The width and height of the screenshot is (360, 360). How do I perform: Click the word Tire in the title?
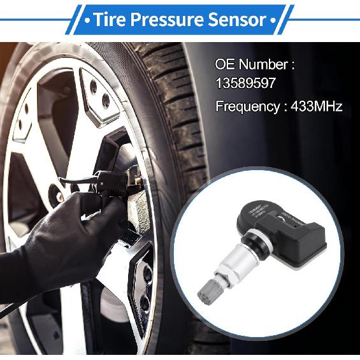[110, 19]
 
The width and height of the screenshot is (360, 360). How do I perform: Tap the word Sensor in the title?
[237, 19]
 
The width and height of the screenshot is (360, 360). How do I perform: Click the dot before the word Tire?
[87, 20]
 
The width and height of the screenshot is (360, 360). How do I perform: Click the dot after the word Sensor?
[273, 20]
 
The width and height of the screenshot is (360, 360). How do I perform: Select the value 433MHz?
[317, 106]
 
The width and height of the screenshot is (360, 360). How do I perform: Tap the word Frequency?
[247, 106]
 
